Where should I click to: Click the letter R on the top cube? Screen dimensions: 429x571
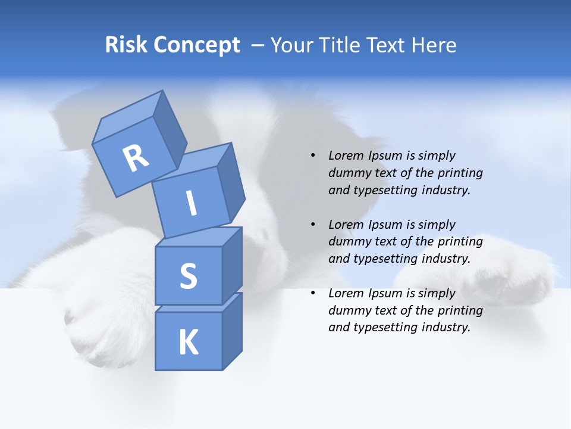pos(136,158)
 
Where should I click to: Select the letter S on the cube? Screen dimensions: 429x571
pos(188,276)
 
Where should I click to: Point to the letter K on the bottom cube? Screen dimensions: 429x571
pos(188,343)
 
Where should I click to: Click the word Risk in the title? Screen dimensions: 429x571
pos(126,45)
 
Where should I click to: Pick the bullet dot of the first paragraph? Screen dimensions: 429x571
pos(313,156)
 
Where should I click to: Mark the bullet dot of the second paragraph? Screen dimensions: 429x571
pos(313,225)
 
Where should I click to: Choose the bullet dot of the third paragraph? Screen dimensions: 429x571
pos(313,293)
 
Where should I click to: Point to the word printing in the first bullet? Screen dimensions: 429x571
pos(460,173)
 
